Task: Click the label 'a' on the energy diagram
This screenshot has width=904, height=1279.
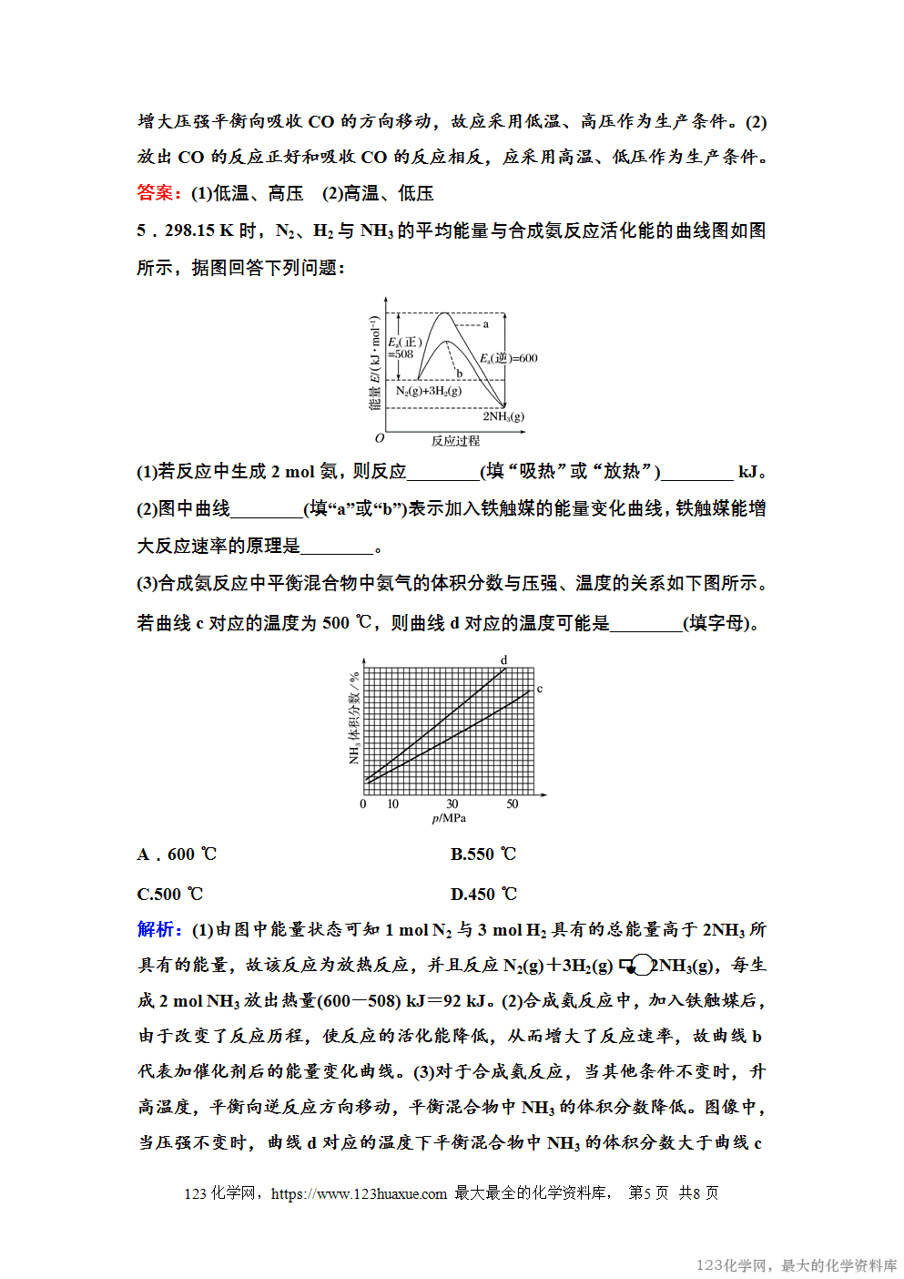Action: [486, 324]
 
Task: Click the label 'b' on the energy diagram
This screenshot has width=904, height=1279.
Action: [460, 373]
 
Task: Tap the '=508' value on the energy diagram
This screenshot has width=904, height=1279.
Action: [402, 354]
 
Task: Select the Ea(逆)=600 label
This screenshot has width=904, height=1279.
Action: [509, 358]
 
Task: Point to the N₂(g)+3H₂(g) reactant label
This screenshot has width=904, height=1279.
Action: [429, 391]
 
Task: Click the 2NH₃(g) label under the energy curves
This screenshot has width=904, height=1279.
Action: [503, 416]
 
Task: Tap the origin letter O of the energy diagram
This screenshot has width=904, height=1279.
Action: [380, 438]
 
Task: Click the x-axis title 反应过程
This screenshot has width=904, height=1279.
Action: [455, 441]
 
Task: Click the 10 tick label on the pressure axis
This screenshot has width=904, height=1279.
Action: [393, 804]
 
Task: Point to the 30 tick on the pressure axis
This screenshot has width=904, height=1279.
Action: [452, 804]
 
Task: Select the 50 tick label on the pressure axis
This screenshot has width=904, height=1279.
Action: [513, 804]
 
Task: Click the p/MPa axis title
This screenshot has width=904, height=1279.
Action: [449, 818]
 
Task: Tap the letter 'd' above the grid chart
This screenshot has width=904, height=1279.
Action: [504, 660]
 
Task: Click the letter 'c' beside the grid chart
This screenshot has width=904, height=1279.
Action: [540, 689]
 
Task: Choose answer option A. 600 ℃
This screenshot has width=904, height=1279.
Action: [178, 854]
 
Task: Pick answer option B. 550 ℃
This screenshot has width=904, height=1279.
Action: [483, 854]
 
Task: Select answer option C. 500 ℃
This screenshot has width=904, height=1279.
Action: [170, 895]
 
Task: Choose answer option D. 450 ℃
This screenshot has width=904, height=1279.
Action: [483, 895]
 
